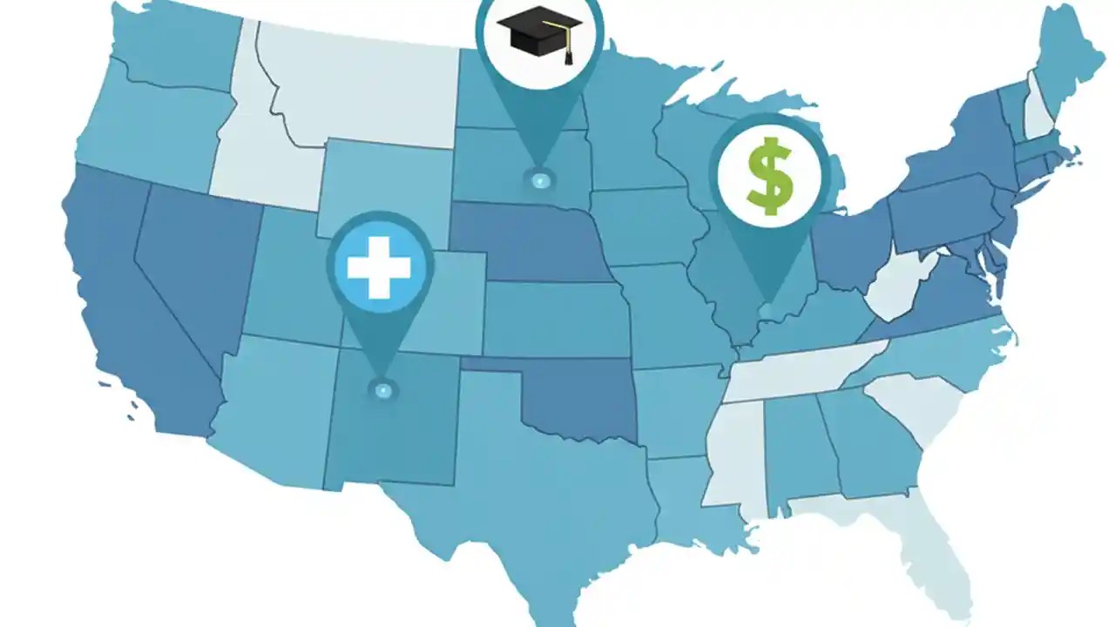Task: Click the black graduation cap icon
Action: pos(540,32)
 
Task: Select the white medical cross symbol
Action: pos(379,266)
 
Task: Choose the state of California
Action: pos(131,313)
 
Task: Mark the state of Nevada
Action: pos(196,261)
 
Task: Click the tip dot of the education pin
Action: pos(540,180)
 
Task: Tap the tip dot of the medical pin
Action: pos(381,389)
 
